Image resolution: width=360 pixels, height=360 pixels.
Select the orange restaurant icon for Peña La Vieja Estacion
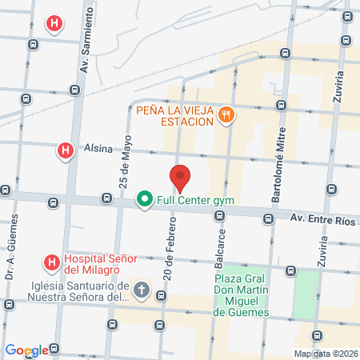[227, 114]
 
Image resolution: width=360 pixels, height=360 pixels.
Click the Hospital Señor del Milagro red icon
[51, 261]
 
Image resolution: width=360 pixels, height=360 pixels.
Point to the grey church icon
[141, 289]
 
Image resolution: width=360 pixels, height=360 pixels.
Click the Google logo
[26, 350]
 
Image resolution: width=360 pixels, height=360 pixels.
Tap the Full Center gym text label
[195, 199]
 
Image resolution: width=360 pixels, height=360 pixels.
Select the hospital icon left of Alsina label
[65, 150]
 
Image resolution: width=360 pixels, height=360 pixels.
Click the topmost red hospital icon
[54, 24]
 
